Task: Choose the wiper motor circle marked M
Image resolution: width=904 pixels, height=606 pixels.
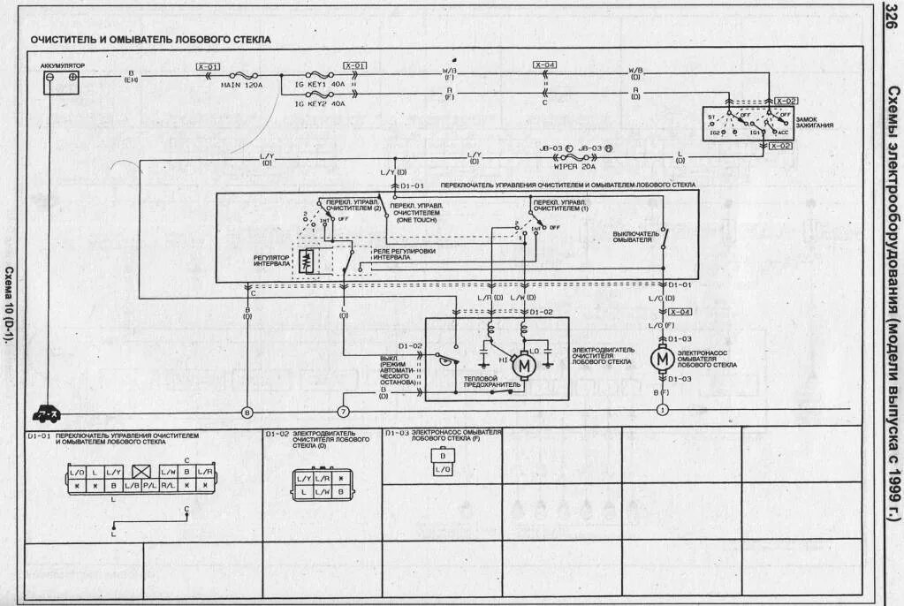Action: (523, 362)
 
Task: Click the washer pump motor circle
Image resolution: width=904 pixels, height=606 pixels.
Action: (661, 359)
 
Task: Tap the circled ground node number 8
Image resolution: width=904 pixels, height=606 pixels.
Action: (247, 411)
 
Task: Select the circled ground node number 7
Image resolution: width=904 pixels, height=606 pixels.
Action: (343, 411)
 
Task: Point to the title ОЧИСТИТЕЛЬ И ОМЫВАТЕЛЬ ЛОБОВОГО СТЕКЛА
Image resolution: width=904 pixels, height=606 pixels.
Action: (151, 40)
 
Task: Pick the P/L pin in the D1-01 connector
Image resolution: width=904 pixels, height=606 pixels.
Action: (149, 486)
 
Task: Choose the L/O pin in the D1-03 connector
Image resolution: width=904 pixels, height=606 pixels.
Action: (440, 470)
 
